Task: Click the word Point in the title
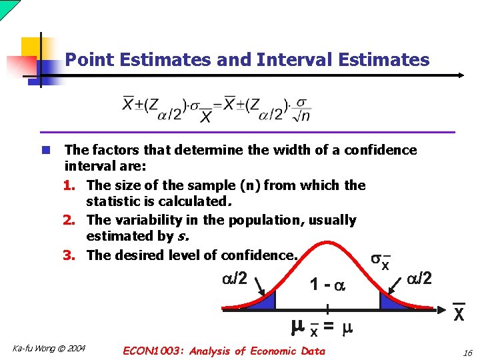[x=85, y=60]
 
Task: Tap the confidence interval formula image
[x=217, y=110]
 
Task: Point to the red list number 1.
[x=74, y=185]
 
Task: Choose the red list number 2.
[x=74, y=220]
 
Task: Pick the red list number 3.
[x=74, y=255]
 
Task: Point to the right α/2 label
[x=419, y=277]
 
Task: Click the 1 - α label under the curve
[x=327, y=285]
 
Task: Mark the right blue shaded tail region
[x=391, y=302]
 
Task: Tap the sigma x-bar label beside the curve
[x=380, y=263]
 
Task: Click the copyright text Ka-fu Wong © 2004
[x=49, y=348]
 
